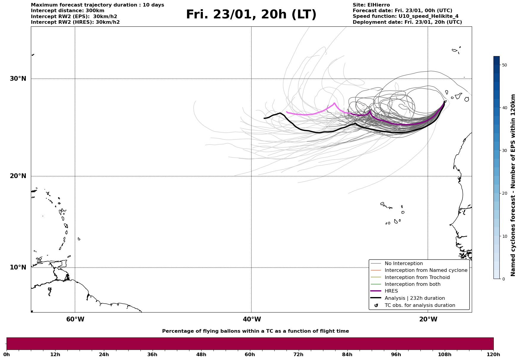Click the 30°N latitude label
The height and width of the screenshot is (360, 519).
pyautogui.click(x=18, y=79)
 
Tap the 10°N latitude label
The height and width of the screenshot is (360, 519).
pyautogui.click(x=18, y=267)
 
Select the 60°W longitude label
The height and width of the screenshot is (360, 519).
pyautogui.click(x=75, y=319)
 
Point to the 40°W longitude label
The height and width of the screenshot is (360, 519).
pyautogui.click(x=252, y=319)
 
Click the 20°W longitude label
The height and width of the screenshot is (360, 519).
pyautogui.click(x=428, y=319)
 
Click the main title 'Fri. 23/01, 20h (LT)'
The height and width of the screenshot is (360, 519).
pyautogui.click(x=251, y=15)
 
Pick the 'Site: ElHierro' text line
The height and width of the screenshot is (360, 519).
pyautogui.click(x=371, y=5)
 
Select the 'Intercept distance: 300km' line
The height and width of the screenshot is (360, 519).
pyautogui.click(x=68, y=11)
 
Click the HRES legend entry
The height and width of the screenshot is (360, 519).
pyautogui.click(x=391, y=291)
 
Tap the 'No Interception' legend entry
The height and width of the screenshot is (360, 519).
pyautogui.click(x=404, y=264)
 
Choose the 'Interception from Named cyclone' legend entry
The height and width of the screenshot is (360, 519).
pyautogui.click(x=426, y=270)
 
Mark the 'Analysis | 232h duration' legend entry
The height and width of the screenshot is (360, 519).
pyautogui.click(x=414, y=298)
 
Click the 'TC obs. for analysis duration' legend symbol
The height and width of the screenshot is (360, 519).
pyautogui.click(x=376, y=305)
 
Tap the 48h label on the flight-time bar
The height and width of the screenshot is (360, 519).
pyautogui.click(x=201, y=355)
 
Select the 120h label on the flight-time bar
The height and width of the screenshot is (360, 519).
pyautogui.click(x=493, y=355)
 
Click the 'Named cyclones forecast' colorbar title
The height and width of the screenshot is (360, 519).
pyautogui.click(x=513, y=185)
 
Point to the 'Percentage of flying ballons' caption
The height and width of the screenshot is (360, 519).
pyautogui.click(x=255, y=331)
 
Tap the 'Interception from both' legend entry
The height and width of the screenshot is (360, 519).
pyautogui.click(x=412, y=284)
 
